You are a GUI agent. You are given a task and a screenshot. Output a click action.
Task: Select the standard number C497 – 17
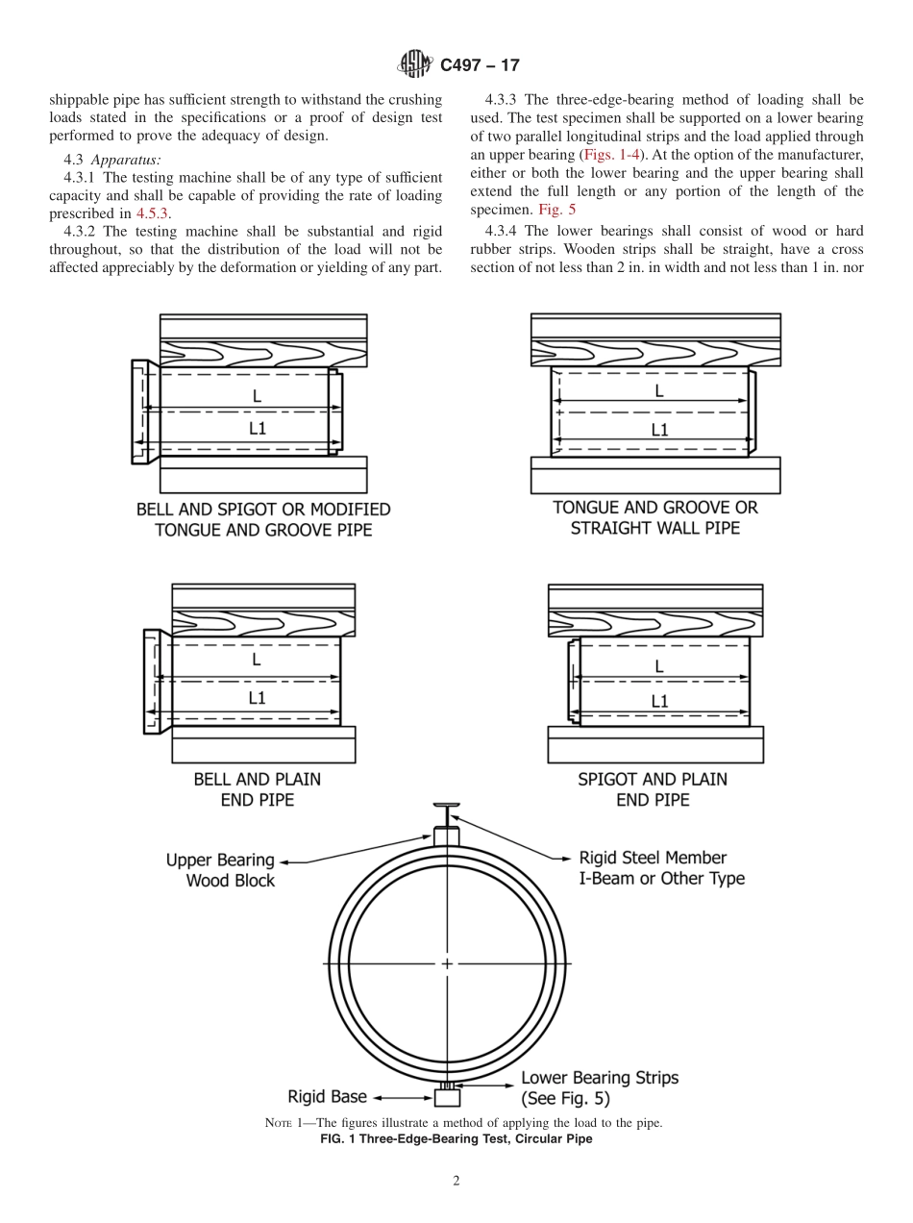click(x=479, y=65)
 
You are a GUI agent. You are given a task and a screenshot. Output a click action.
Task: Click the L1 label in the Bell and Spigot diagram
click(x=258, y=430)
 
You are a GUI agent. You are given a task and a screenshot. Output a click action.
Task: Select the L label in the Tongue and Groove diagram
click(x=658, y=391)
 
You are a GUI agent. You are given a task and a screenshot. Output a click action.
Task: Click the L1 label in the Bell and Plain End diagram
click(x=257, y=699)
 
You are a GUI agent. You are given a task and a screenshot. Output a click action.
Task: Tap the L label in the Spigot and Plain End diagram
click(x=658, y=665)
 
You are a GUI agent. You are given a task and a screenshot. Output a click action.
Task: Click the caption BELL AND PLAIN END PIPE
click(x=258, y=788)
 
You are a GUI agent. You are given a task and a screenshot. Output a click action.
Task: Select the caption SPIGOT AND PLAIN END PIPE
click(x=653, y=788)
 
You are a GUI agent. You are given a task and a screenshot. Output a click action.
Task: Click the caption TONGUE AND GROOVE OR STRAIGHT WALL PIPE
click(x=654, y=517)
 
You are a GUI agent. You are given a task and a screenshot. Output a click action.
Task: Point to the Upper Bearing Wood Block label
click(x=220, y=870)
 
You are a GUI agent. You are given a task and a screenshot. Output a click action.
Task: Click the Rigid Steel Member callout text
click(x=661, y=867)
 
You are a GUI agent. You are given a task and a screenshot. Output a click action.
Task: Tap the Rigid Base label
click(x=328, y=1096)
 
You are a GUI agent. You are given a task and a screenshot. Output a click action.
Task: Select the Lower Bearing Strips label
click(x=599, y=1087)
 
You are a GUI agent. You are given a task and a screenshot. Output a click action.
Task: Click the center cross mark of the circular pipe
click(x=447, y=962)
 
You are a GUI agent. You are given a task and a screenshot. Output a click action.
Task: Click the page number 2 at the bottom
click(x=456, y=1181)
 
